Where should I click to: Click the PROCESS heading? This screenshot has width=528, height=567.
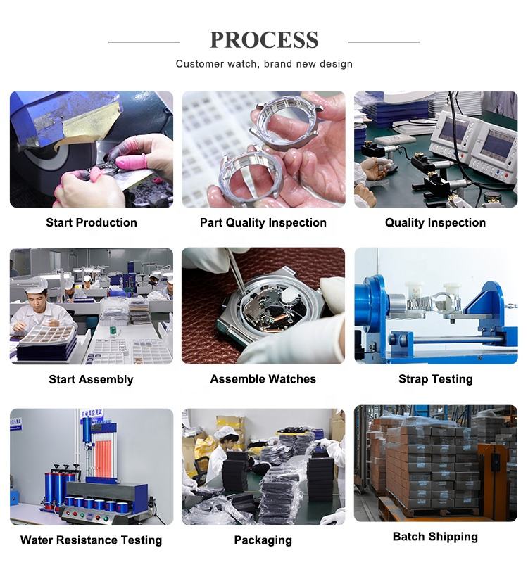[x=264, y=40]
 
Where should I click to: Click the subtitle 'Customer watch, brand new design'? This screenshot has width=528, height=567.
[x=264, y=64]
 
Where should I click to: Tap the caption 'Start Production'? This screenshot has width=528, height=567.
[x=92, y=222]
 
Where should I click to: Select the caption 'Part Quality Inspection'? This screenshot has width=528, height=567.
[x=263, y=222]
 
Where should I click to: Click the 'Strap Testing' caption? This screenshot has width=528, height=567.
[x=435, y=379]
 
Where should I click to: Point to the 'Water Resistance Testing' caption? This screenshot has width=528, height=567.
[x=92, y=540]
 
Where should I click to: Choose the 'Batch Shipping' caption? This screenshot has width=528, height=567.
[x=435, y=536]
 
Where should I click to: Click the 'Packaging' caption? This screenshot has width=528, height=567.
[x=263, y=540]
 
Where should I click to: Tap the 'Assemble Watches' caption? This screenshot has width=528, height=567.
[x=263, y=379]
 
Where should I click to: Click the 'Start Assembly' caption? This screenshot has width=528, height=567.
[x=92, y=379]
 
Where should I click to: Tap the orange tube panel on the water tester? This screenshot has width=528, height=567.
[x=104, y=457]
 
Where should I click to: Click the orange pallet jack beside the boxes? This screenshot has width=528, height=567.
[x=495, y=481]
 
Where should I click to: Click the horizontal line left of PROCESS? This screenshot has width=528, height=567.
[x=144, y=42]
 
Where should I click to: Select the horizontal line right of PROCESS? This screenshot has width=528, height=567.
[x=384, y=42]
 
